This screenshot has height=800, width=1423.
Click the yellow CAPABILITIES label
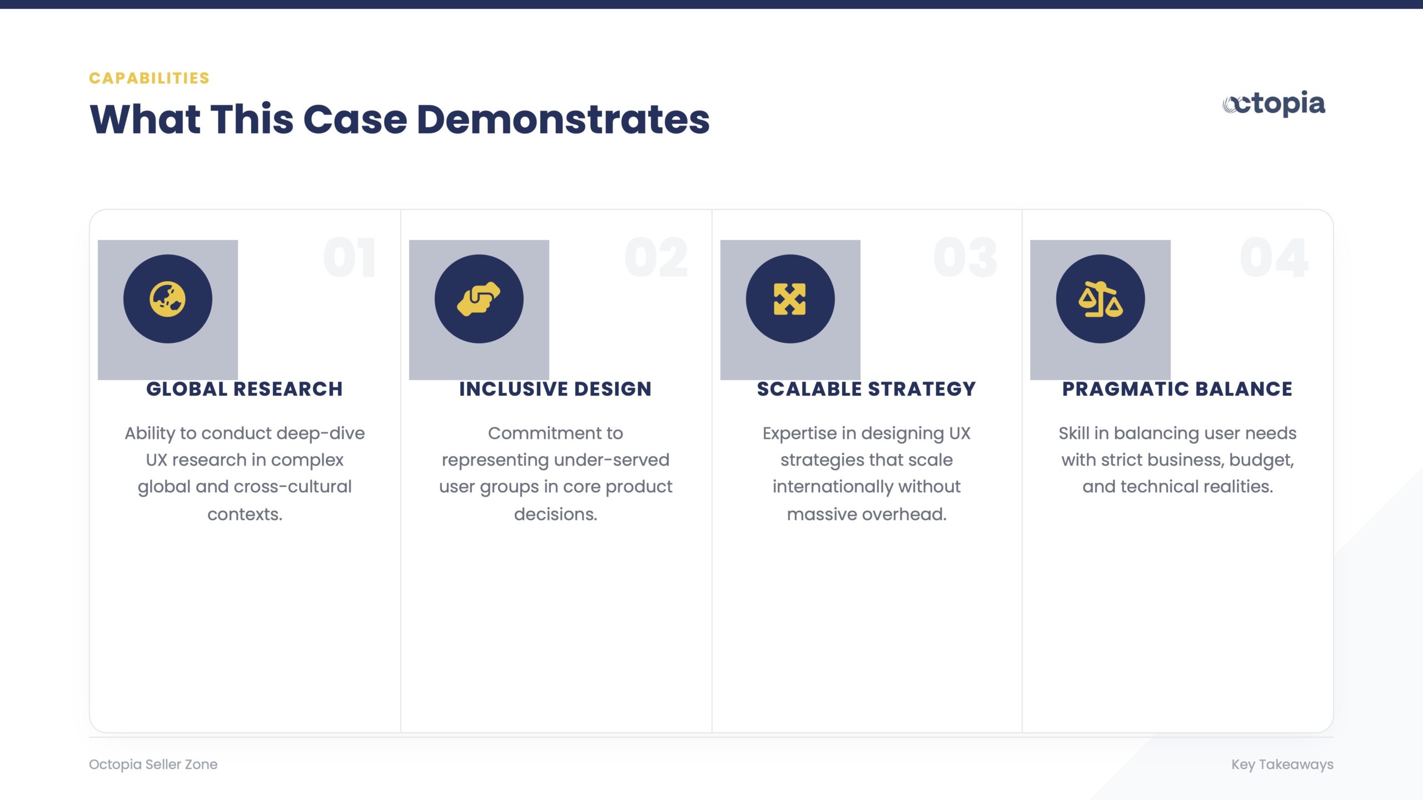(x=149, y=78)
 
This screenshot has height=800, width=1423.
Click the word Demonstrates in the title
(x=563, y=119)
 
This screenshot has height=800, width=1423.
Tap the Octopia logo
(x=1273, y=104)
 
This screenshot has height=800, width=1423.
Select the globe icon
(x=167, y=299)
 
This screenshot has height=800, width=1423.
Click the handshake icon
(x=479, y=299)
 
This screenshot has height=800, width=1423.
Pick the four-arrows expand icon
(x=790, y=299)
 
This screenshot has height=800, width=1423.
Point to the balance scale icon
(x=1101, y=299)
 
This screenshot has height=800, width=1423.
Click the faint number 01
(x=350, y=257)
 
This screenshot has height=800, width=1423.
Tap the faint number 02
(x=656, y=257)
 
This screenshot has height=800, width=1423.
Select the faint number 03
(x=966, y=257)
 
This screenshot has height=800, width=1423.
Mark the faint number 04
(x=1274, y=257)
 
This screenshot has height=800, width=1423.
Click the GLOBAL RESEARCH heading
(x=245, y=389)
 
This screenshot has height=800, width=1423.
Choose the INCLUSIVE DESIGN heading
(x=555, y=389)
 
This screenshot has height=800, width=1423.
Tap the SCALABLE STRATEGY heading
(x=867, y=389)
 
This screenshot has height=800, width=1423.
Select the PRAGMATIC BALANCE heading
(x=1177, y=389)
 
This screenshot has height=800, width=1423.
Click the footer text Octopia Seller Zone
(x=153, y=764)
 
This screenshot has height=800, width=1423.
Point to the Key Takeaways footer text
(x=1282, y=764)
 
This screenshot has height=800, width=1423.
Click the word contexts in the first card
(x=245, y=514)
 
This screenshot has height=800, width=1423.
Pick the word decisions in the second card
(x=555, y=514)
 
